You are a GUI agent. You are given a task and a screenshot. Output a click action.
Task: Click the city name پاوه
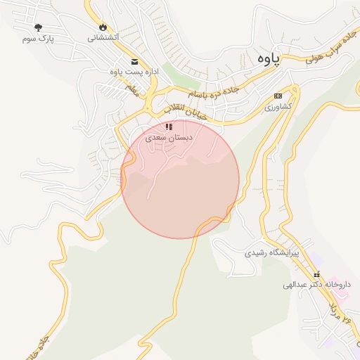point(268,59)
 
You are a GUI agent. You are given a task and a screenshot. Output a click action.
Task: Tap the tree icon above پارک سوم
point(37,27)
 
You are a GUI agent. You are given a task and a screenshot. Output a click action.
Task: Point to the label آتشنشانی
point(103,37)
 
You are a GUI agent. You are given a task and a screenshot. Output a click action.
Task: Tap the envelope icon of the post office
point(134,61)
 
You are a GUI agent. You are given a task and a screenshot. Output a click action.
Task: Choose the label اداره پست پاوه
point(134,72)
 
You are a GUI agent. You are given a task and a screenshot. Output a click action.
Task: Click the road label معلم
point(131,91)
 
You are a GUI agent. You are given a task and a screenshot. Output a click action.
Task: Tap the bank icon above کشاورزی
point(278,96)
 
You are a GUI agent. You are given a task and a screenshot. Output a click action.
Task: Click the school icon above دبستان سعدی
point(169,127)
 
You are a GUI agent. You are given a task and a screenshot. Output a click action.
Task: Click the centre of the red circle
point(180,179)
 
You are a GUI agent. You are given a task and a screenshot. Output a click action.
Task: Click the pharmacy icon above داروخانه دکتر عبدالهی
point(316,274)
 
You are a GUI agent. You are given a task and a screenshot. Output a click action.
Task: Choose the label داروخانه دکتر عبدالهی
point(316,285)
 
